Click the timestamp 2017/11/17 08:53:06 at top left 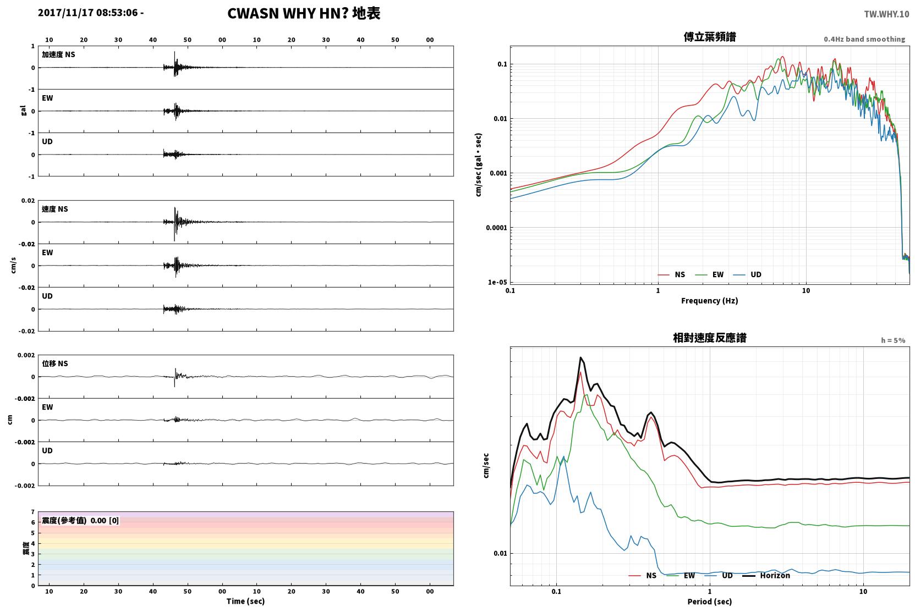click(x=88, y=13)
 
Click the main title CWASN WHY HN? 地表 click(x=304, y=14)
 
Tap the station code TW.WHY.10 click(x=886, y=14)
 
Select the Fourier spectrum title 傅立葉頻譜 click(x=710, y=37)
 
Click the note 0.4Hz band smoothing click(x=864, y=39)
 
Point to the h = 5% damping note click(x=892, y=340)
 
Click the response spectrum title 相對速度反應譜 click(x=710, y=338)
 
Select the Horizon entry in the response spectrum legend click(x=766, y=575)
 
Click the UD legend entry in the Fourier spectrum click(x=747, y=274)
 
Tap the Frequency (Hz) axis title click(x=710, y=301)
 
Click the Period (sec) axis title click(x=710, y=602)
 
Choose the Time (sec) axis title click(x=245, y=601)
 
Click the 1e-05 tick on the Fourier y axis click(x=497, y=282)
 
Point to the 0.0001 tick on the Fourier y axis click(x=496, y=228)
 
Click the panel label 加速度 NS click(x=58, y=54)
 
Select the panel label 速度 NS click(x=54, y=209)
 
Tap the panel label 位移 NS click(x=54, y=363)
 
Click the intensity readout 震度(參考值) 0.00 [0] click(x=80, y=521)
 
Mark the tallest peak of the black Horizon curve click(x=580, y=357)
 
